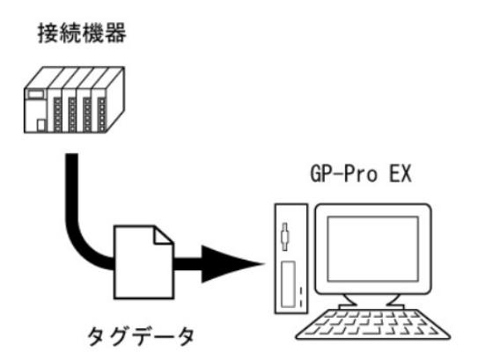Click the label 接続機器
point(82,33)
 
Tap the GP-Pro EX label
point(361,174)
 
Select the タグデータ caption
point(141,336)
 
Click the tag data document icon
point(143,262)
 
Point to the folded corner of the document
point(164,235)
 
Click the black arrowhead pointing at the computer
point(232,264)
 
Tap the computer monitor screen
point(373,249)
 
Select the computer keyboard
point(373,324)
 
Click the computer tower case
point(291,259)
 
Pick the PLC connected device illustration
point(74,99)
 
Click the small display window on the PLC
point(36,93)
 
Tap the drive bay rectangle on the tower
point(288,284)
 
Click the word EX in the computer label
point(401,174)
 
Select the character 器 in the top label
point(116,33)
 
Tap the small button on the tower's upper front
point(284,236)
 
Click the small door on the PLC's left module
point(40,125)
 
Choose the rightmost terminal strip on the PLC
point(102,114)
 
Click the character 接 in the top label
point(48,33)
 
